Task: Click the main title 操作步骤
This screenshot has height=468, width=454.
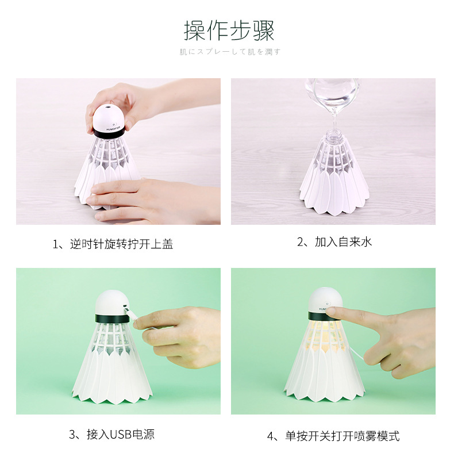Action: coord(229,30)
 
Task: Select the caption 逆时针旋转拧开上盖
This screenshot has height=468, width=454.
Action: coord(113,244)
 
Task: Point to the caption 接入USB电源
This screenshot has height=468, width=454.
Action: coord(112,434)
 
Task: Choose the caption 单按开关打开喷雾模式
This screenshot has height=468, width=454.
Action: coord(333,436)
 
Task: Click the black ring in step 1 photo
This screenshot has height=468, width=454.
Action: coord(109,134)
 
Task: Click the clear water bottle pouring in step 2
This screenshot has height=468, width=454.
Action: coord(332,95)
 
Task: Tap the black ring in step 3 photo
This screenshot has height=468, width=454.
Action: coord(109,318)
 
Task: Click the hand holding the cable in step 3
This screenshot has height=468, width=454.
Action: coord(178,333)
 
